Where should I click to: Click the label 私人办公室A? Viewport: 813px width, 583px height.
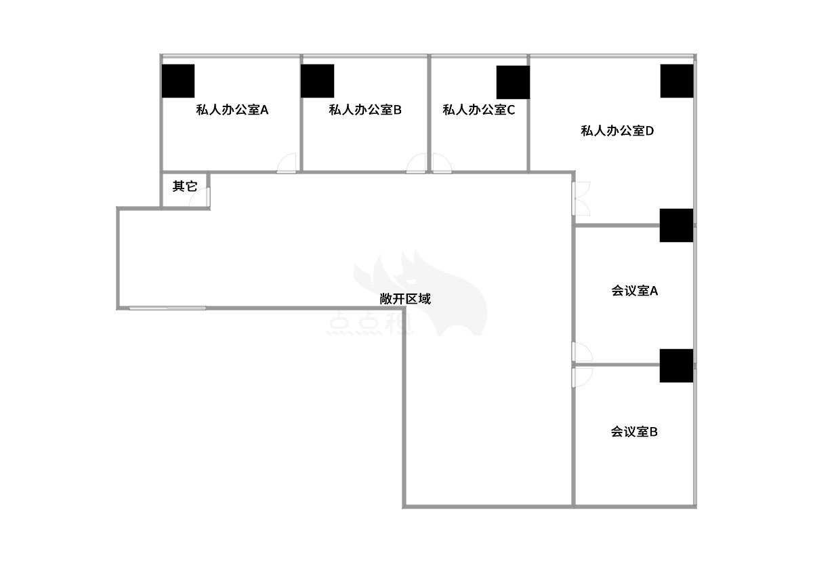coord(232,110)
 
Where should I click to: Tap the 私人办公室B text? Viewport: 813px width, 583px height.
coord(364,110)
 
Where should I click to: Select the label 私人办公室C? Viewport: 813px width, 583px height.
coord(478,110)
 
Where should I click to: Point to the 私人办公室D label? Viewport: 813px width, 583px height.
coord(617,131)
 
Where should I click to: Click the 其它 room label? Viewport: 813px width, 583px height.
coord(185,186)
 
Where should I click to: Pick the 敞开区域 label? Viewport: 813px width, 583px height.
coord(405,299)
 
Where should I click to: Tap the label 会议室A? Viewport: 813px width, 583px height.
coord(634,291)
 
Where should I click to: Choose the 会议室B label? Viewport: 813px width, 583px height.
coord(634,432)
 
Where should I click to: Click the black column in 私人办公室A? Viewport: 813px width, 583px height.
coord(178,81)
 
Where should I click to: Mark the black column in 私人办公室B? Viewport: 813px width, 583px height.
coord(318,81)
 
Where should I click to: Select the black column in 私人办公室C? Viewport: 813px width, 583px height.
coord(514,83)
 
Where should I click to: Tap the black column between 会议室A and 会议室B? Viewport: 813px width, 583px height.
coord(677,366)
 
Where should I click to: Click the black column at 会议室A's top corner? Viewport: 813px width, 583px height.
coord(677,225)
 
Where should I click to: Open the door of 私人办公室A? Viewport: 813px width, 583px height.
coord(287,163)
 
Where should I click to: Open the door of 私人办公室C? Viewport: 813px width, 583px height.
coord(442,163)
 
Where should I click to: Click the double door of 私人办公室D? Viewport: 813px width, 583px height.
coord(581,199)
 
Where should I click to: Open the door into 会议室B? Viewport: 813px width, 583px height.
coord(582,378)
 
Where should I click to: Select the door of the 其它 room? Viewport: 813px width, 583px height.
coord(200,197)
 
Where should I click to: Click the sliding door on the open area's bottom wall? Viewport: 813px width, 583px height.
coord(168,308)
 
